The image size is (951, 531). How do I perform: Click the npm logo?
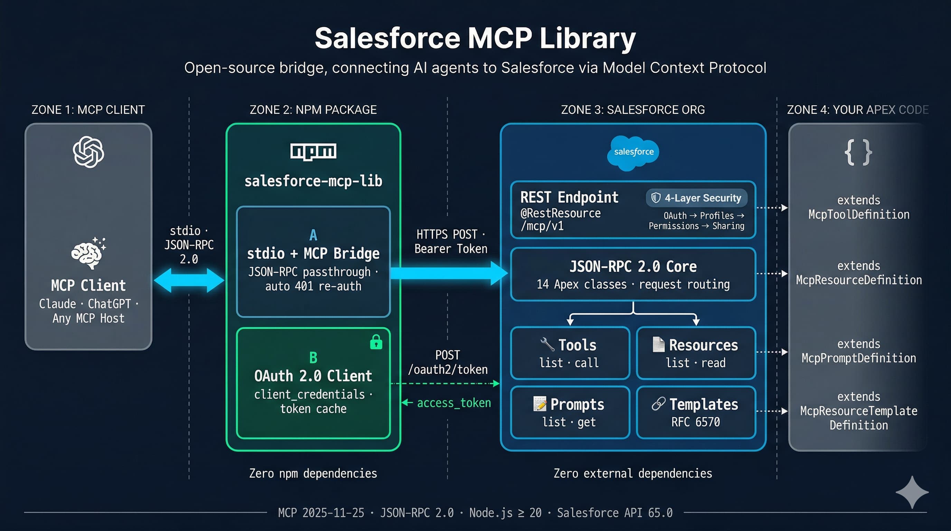[313, 151]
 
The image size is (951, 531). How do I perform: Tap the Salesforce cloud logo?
[633, 152]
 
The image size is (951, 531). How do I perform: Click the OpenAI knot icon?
[88, 152]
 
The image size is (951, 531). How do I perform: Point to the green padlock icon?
[376, 342]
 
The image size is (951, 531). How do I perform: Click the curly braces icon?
[858, 152]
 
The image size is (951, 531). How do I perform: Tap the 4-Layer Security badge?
[697, 198]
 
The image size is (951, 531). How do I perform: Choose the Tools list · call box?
[569, 353]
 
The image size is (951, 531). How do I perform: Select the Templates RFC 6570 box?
[696, 412]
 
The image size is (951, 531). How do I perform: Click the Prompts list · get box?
[569, 412]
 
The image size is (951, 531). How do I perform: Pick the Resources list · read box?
[696, 353]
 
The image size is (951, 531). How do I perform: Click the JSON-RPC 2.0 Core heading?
[633, 267]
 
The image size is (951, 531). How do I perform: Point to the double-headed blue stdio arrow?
[189, 280]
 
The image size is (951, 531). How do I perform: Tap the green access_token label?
[454, 402]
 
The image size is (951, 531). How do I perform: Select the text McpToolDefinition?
[859, 215]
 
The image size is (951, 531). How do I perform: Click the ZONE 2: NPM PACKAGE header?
[313, 110]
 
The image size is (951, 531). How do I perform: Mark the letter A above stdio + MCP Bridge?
[313, 235]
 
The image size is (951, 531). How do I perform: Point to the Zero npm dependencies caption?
[313, 473]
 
